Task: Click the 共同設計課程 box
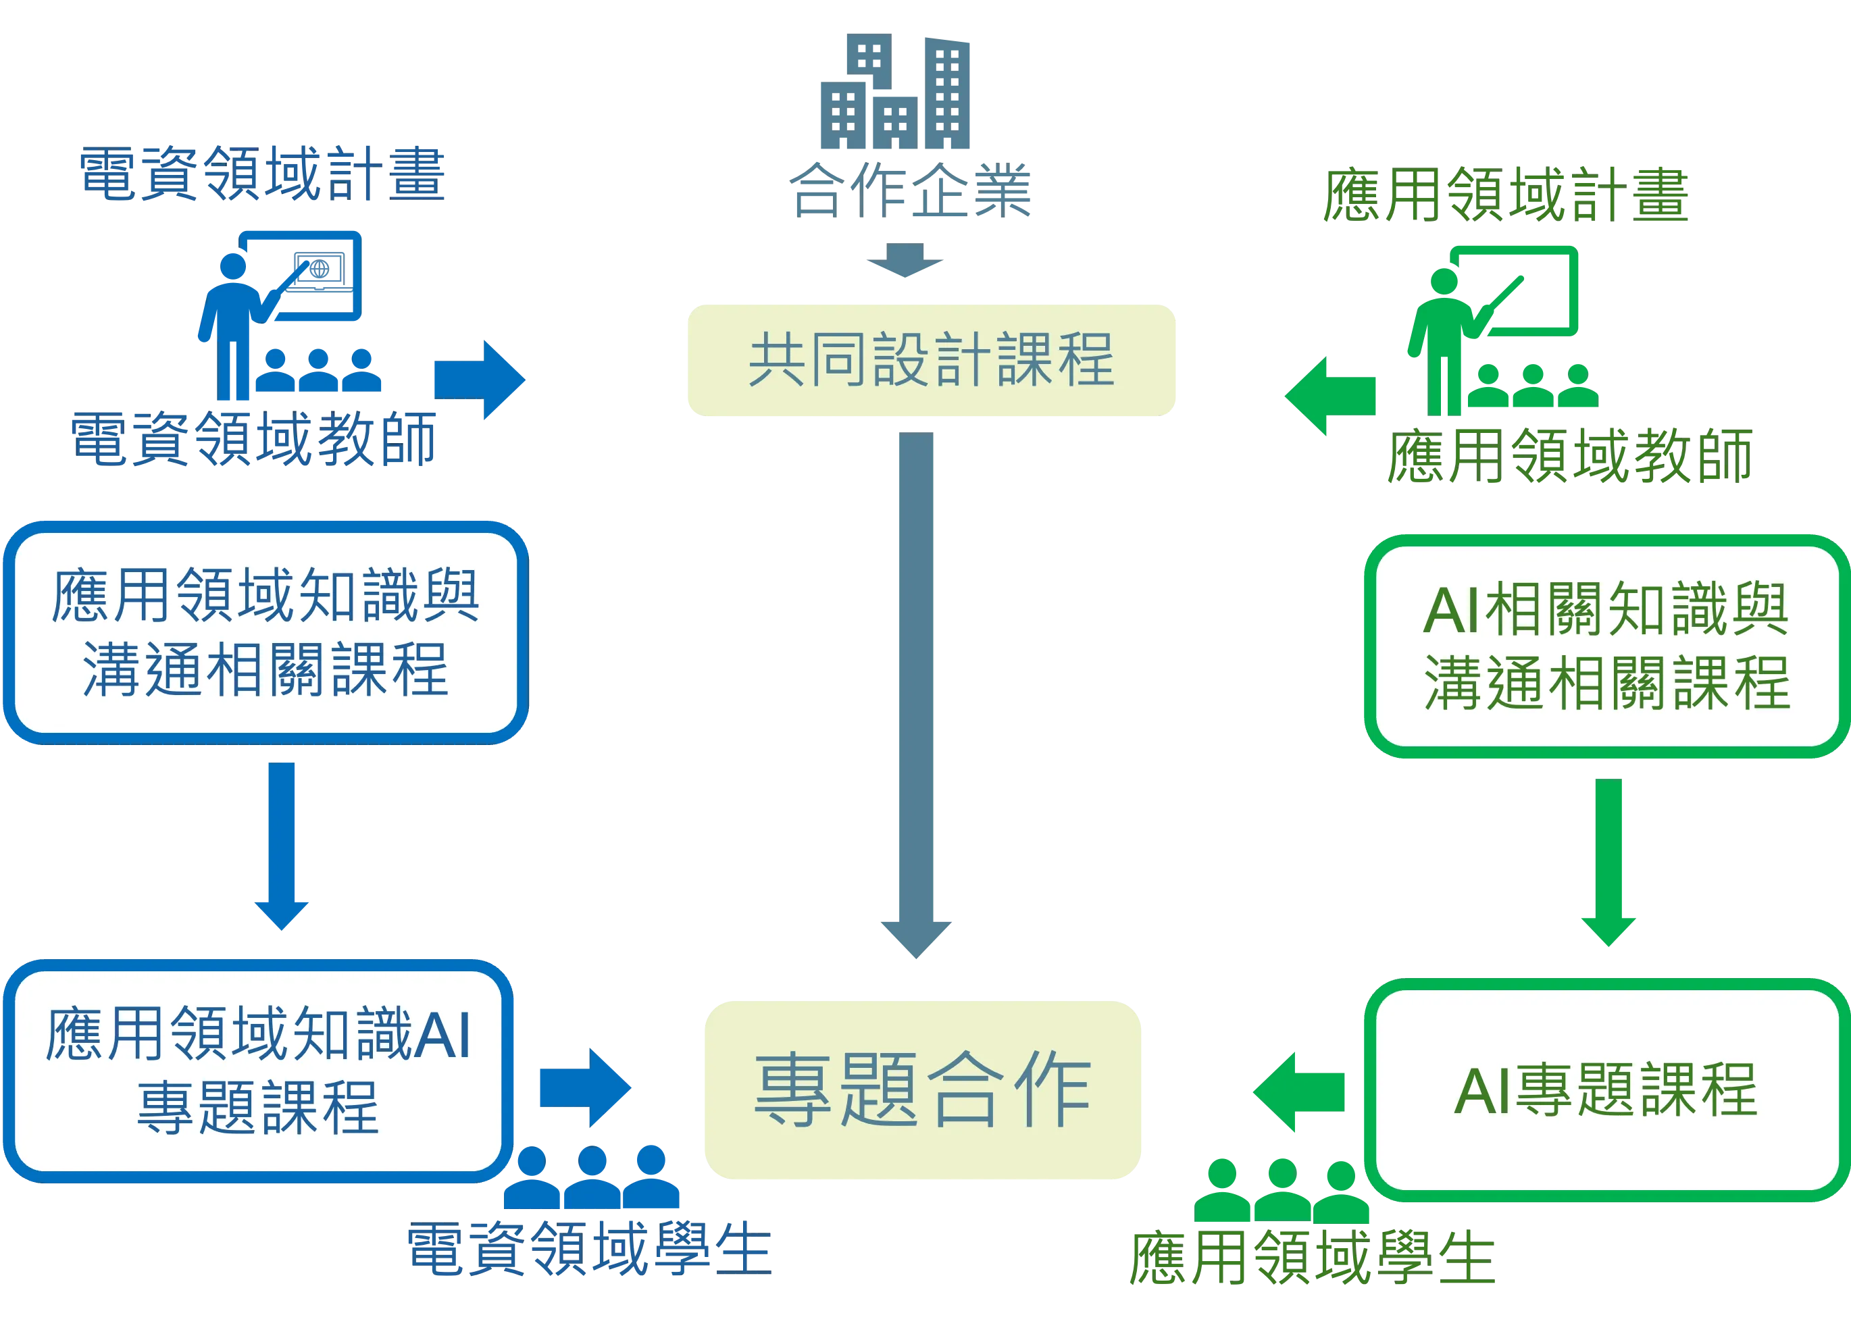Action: click(931, 361)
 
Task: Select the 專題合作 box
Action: click(923, 1090)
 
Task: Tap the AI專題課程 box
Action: click(1604, 1090)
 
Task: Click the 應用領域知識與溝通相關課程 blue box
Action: click(266, 632)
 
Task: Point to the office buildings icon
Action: click(895, 92)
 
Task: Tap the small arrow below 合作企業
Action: click(905, 262)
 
